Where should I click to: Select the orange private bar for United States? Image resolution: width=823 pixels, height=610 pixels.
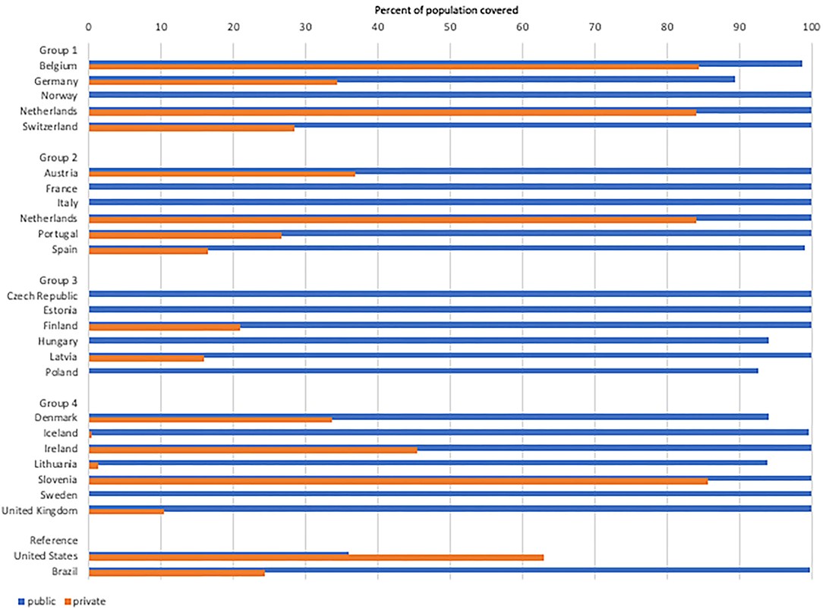pos(316,558)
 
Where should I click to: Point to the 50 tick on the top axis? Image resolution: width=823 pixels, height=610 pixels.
pos(450,27)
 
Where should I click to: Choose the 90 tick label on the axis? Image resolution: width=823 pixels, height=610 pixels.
pos(739,27)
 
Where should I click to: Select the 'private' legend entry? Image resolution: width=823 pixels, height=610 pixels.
pos(88,602)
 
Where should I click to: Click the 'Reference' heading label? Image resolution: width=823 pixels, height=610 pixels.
pos(53,540)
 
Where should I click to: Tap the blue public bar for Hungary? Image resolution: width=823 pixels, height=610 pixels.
pos(428,340)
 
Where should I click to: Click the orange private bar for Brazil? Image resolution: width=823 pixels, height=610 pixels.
pos(176,573)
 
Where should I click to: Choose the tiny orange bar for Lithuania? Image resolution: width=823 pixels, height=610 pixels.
pos(93,465)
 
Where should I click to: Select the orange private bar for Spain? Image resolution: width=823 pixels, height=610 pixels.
pos(148,250)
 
